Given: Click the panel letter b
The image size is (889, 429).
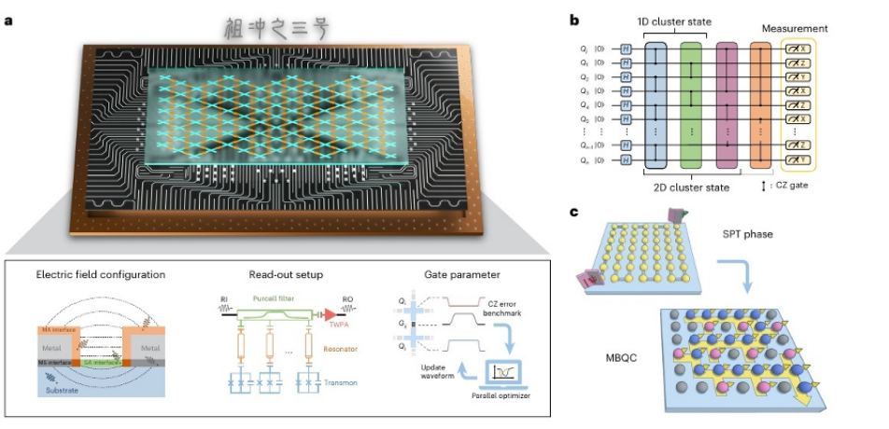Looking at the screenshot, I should click(573, 20).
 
